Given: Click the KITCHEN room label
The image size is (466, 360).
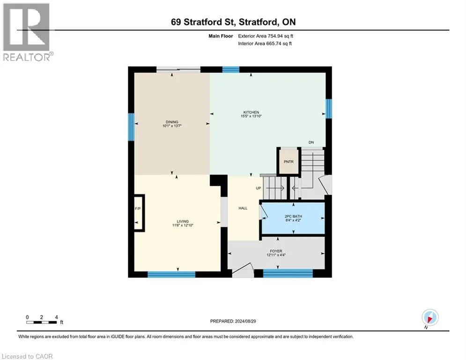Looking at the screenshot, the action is click(251, 112).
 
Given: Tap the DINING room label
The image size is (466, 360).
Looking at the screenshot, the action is click(172, 122).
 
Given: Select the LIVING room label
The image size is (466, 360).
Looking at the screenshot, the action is click(183, 221).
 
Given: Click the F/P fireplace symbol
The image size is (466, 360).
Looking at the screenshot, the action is click(139, 213).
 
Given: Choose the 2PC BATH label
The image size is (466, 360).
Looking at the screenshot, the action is click(293, 216).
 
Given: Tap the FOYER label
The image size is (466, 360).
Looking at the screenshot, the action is click(276, 251).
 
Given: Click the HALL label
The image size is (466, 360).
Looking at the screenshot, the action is click(243, 208).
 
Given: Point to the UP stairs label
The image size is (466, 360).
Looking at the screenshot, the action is click(259, 188).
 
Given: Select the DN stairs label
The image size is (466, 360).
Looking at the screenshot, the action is click(311, 142).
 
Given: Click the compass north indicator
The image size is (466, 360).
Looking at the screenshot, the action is click(430, 318).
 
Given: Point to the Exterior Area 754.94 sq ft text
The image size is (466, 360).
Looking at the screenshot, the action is click(266, 36).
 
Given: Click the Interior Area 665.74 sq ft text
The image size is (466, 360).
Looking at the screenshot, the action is click(265, 44).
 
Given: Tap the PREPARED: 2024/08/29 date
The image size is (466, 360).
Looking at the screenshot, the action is click(233, 321).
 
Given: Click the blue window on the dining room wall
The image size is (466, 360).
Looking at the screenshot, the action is click(131, 127).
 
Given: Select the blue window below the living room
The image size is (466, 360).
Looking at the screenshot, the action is click(171, 274).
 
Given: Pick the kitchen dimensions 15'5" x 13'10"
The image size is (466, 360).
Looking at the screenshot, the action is click(251, 116).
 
